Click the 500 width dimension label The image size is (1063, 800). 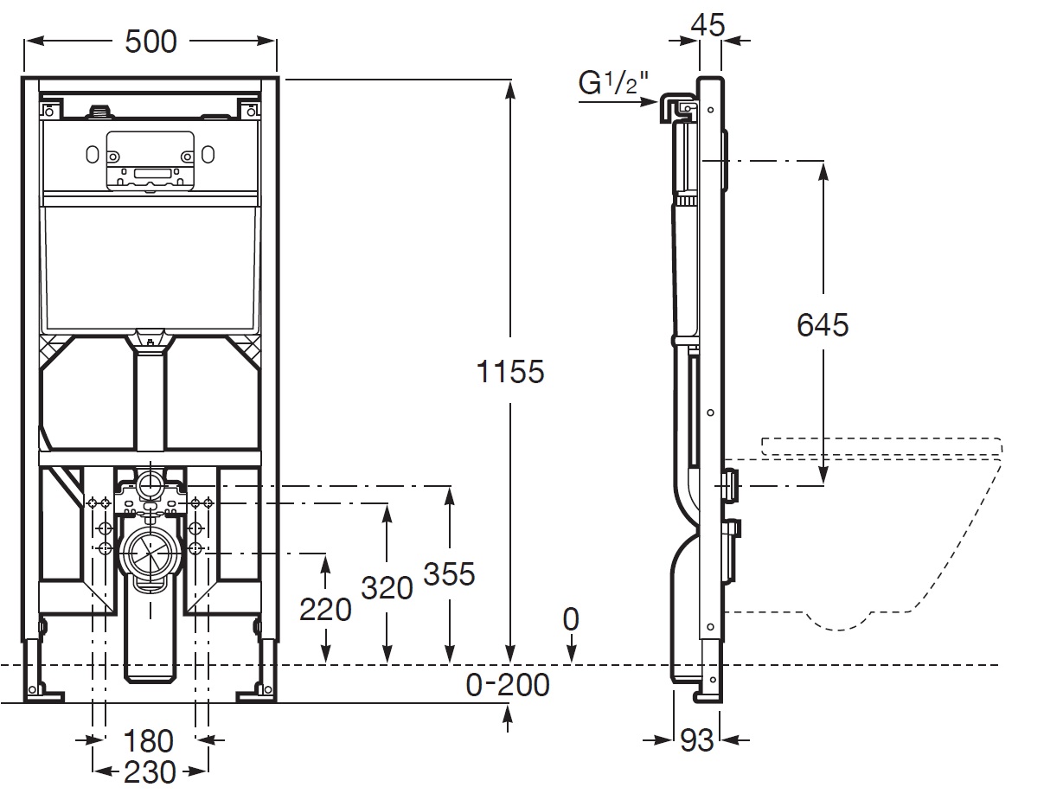tap(150, 41)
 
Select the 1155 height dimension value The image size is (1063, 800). tap(510, 371)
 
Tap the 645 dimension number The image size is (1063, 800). tap(823, 324)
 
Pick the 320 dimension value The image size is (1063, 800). tap(387, 587)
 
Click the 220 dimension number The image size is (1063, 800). tap(325, 609)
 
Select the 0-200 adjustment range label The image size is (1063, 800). tap(508, 684)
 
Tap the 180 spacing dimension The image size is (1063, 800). tap(148, 740)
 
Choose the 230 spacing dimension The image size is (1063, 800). tap(149, 771)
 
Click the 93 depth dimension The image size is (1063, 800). tap(696, 739)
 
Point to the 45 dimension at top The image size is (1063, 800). tap(708, 24)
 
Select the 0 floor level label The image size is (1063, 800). tap(571, 619)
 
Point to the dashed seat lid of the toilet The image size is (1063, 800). tap(882, 446)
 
